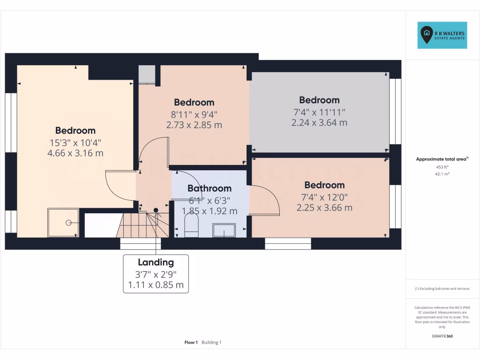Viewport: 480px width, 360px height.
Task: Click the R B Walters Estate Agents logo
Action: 442,35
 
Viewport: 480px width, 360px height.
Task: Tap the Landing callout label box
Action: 156,274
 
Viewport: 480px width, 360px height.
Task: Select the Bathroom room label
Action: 210,188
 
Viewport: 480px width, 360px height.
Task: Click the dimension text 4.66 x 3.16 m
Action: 75,153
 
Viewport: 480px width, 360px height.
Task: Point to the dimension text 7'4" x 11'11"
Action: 319,112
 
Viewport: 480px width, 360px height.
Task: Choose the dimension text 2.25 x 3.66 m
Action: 324,208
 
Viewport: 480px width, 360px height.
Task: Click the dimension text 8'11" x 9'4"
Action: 194,114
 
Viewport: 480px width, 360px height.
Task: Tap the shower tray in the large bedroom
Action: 63,223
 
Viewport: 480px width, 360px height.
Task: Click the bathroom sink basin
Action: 225,230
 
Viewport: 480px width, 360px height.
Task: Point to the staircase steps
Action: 141,225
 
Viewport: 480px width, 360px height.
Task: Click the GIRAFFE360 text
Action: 442,336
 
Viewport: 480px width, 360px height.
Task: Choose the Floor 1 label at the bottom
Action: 191,343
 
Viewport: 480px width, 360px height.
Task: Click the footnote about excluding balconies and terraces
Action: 442,289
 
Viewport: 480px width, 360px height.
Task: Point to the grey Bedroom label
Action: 319,100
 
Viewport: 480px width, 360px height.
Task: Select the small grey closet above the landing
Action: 146,74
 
